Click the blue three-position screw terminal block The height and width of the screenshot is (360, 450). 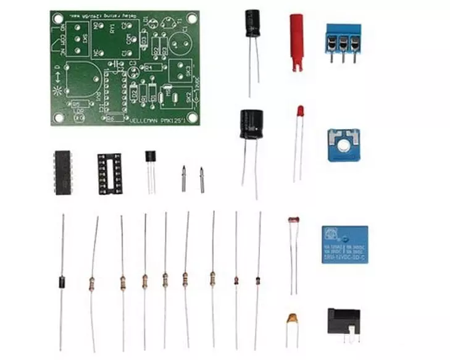click(343, 40)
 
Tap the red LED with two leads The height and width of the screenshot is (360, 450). click(299, 112)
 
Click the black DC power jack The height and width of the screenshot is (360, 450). click(343, 322)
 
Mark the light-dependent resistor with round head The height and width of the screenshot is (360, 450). click(293, 220)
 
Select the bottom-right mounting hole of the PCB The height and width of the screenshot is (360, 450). click(193, 117)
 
